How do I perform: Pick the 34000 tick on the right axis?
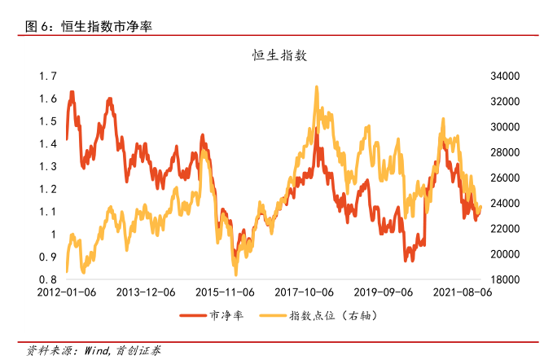(505, 76)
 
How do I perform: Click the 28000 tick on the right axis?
(505, 152)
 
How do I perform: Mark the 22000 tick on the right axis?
(505, 229)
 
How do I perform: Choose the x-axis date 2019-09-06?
(384, 291)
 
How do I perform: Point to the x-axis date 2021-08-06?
(462, 291)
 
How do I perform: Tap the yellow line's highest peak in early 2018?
(315, 86)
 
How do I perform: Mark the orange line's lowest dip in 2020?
(405, 260)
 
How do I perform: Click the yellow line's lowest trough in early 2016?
(235, 274)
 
